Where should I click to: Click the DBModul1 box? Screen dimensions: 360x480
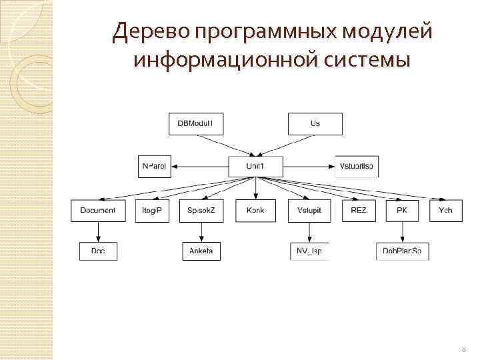click(196, 124)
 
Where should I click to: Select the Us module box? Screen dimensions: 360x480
click(315, 124)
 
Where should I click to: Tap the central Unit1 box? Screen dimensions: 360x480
click(255, 166)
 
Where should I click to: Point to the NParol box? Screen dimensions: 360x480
click(155, 166)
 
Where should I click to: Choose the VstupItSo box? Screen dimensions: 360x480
click(357, 166)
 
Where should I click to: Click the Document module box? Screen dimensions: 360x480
click(98, 211)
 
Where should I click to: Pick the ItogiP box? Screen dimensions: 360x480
click(152, 211)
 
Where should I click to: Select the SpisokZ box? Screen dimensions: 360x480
click(201, 211)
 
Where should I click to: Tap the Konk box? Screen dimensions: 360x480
click(255, 211)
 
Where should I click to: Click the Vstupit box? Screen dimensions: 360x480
click(309, 211)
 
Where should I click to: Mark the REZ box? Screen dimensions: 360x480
click(358, 211)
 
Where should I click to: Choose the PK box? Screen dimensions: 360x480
click(402, 211)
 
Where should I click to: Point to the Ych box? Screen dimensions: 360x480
click(445, 211)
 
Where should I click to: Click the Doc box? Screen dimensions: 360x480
click(98, 251)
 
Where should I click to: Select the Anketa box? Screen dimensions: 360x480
click(201, 251)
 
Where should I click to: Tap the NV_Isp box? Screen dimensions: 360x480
click(309, 251)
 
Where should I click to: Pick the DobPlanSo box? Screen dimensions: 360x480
click(402, 251)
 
